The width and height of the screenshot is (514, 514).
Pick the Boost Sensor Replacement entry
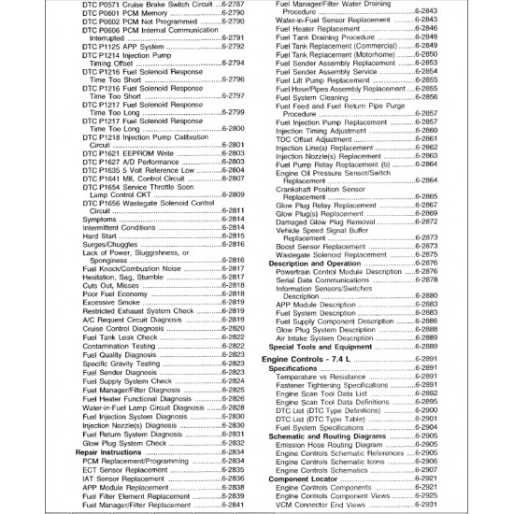coord(322,246)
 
